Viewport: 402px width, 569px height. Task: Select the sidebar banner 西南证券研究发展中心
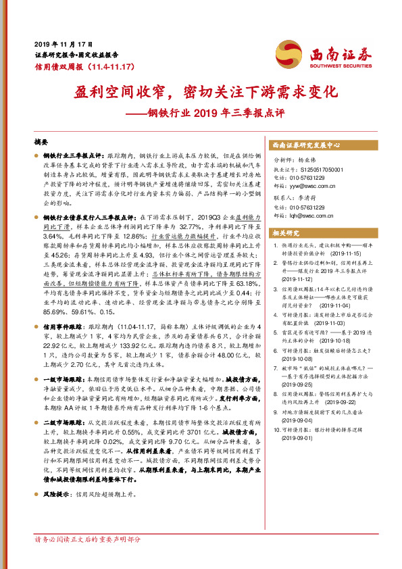pyautogui.click(x=305, y=145)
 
